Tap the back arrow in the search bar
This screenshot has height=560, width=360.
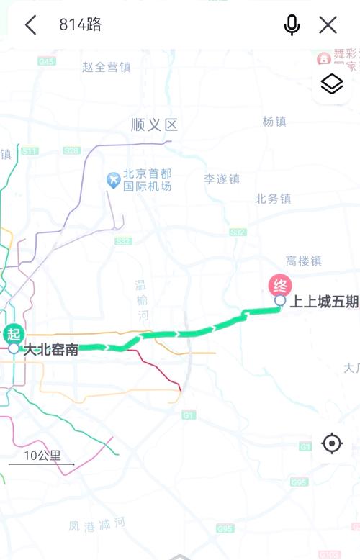click(30, 25)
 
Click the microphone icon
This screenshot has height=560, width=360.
click(292, 25)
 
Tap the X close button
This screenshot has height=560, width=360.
click(328, 25)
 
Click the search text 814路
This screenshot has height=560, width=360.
click(80, 25)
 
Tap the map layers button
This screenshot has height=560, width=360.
click(331, 84)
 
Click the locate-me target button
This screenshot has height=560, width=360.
click(331, 443)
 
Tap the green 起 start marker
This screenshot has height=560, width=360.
click(13, 334)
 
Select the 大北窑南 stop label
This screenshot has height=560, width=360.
click(51, 351)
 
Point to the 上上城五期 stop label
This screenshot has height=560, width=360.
click(324, 302)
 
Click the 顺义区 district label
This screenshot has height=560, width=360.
click(154, 125)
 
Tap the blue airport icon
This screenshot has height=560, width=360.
click(113, 180)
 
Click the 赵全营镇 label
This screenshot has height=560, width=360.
click(107, 67)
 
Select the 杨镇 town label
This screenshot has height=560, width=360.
click(274, 122)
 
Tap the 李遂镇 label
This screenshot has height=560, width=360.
click(222, 179)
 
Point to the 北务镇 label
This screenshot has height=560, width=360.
click(273, 199)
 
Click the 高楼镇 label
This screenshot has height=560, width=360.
click(303, 261)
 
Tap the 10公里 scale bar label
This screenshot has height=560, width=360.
click(42, 456)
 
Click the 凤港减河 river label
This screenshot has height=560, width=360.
click(98, 525)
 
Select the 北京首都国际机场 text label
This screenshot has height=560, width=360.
click(148, 180)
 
